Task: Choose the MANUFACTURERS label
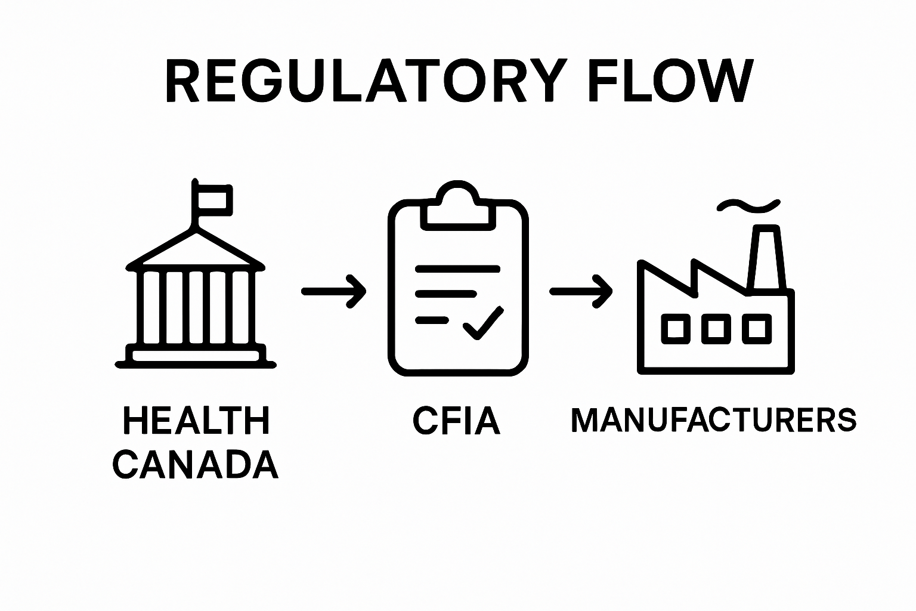point(714,420)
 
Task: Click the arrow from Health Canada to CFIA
point(334,291)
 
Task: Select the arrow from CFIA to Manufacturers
point(581,291)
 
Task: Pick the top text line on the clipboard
point(457,269)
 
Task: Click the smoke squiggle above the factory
point(749,205)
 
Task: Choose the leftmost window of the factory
point(675,329)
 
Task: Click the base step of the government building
point(196,357)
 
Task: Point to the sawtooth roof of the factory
point(692,276)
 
